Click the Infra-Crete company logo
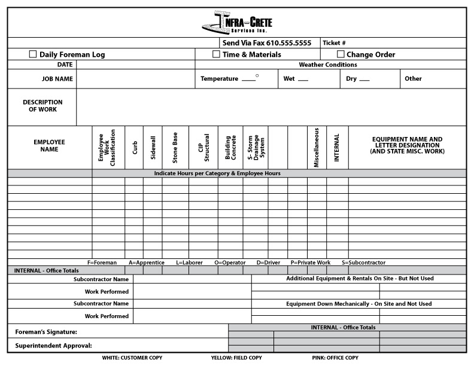[237, 23]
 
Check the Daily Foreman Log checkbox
[33, 54]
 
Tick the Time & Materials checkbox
[216, 54]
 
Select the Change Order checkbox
[341, 54]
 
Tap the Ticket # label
[334, 43]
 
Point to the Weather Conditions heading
[327, 65]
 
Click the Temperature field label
[219, 79]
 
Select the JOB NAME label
[57, 79]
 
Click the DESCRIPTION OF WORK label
[42, 106]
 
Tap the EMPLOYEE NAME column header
[49, 145]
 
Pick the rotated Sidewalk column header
[153, 147]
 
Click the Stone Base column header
[175, 147]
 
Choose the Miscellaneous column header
[317, 147]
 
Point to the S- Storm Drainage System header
[255, 147]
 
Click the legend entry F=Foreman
[102, 263]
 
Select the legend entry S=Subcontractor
[363, 263]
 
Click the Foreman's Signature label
[46, 331]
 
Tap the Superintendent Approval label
[53, 346]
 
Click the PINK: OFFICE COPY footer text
[336, 358]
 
